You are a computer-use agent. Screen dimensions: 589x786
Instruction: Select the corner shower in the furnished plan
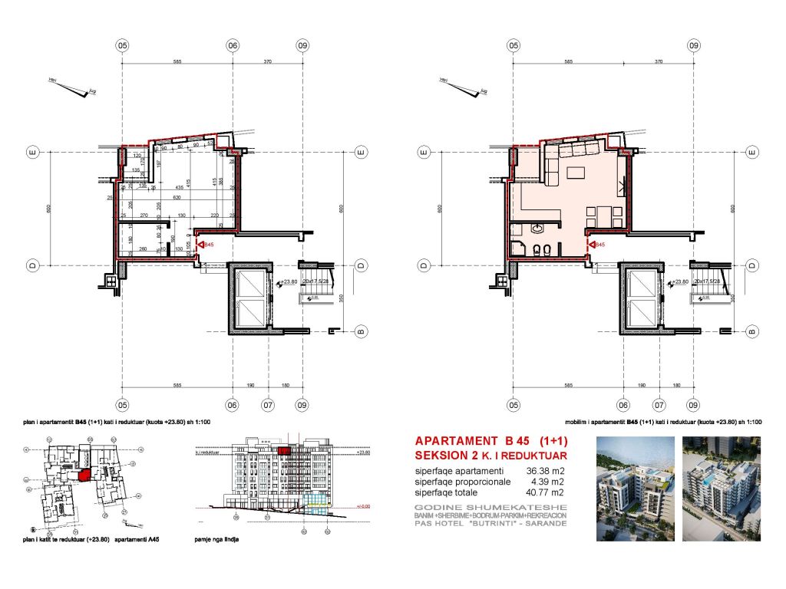point(520,247)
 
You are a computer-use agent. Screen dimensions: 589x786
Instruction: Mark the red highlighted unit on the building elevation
point(285,450)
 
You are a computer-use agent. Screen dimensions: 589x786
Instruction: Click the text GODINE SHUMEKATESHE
point(490,508)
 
